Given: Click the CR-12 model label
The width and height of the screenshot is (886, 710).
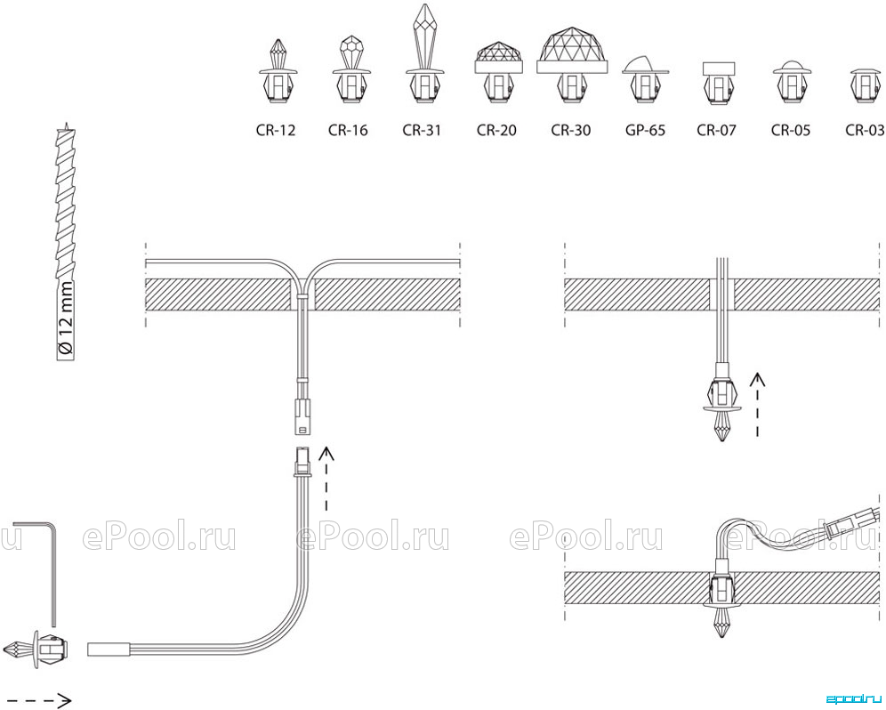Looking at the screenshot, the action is click(x=276, y=130).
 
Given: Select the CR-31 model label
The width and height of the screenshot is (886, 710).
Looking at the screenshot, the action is click(x=422, y=130).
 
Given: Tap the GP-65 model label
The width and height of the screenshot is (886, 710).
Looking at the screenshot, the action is click(x=645, y=130).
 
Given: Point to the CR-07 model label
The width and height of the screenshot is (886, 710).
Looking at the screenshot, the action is click(x=716, y=130).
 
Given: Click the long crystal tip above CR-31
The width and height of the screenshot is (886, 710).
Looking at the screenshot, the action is click(x=422, y=35).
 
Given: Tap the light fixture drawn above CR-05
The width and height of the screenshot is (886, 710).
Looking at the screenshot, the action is click(x=792, y=81).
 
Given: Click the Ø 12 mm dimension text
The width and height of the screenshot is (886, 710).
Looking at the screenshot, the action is click(x=66, y=319).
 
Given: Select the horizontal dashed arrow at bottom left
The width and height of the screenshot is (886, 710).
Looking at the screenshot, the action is click(x=36, y=701).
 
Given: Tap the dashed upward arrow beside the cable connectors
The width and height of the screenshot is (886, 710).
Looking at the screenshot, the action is click(x=326, y=479).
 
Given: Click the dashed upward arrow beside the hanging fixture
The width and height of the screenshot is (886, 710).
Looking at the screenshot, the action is click(x=757, y=404).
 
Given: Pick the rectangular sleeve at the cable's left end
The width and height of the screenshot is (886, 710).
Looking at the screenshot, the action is click(x=109, y=649).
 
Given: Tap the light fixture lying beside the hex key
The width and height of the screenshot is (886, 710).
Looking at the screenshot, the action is click(x=36, y=649).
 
